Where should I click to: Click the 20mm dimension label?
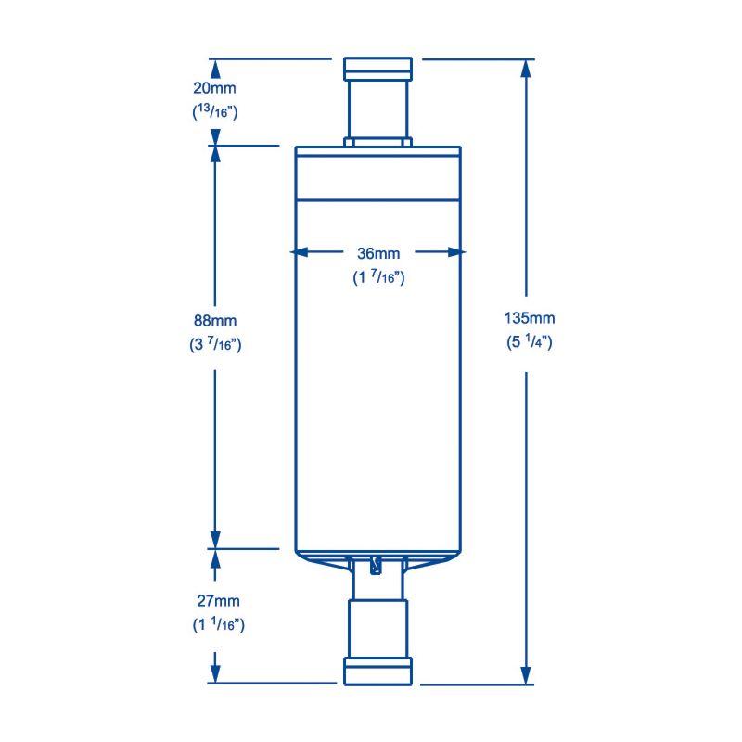pyautogui.click(x=215, y=89)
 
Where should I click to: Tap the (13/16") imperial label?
pyautogui.click(x=215, y=113)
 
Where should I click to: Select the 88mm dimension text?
pyautogui.click(x=215, y=320)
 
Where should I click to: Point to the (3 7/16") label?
pyautogui.click(x=215, y=344)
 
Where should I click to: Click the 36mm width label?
pyautogui.click(x=378, y=252)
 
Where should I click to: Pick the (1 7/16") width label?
pyautogui.click(x=378, y=276)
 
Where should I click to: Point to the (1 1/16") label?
pyautogui.click(x=215, y=625)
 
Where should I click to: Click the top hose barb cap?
pyautogui.click(x=377, y=69)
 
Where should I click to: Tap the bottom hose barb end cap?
pyautogui.click(x=377, y=671)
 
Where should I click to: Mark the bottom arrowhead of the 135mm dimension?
pyautogui.click(x=527, y=674)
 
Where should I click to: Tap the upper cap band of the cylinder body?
pyautogui.click(x=377, y=174)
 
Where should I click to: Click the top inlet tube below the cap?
pyautogui.click(x=377, y=109)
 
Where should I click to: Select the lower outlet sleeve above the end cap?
pyautogui.click(x=377, y=628)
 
